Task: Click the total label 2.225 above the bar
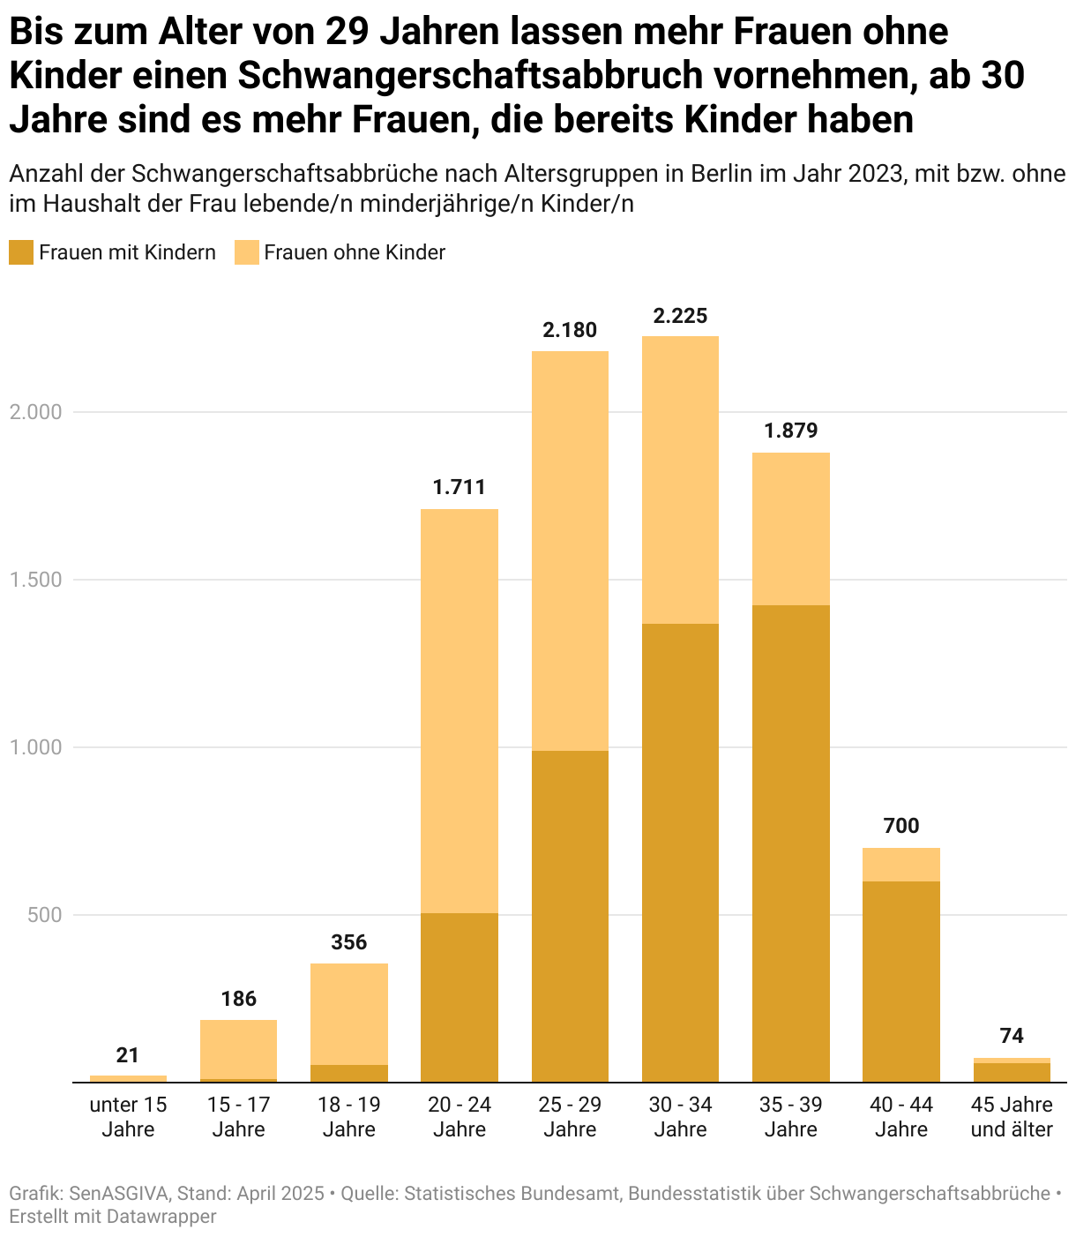point(680,316)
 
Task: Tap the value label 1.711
point(459,487)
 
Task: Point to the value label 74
point(1012,1036)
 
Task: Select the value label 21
point(128,1055)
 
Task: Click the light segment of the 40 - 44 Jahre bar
point(900,865)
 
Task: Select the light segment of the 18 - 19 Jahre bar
point(348,1014)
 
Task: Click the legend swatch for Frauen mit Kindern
point(21,252)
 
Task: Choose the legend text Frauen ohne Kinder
point(355,252)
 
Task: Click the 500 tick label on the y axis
point(44,915)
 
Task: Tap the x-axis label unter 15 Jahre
point(128,1117)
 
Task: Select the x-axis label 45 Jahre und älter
point(1012,1117)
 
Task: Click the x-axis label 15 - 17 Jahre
point(238,1117)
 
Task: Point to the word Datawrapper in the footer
point(161,1217)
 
